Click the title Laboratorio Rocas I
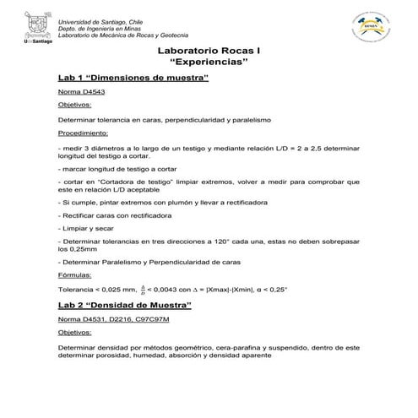pyautogui.click(x=209, y=52)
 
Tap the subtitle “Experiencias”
pyautogui.click(x=209, y=64)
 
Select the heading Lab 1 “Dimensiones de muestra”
pyautogui.click(x=133, y=79)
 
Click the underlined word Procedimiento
pyautogui.click(x=83, y=133)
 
